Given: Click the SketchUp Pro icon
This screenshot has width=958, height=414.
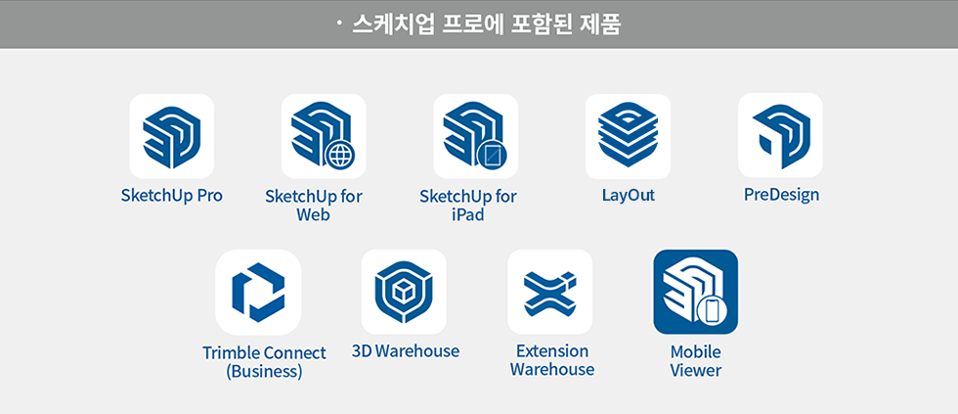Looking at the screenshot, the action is pos(172,136).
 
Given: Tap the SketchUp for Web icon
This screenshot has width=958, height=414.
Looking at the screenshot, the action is pos(324,136).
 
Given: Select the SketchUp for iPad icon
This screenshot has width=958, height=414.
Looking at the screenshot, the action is pos(475,136).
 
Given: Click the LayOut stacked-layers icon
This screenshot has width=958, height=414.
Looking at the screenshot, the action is pos(628,136).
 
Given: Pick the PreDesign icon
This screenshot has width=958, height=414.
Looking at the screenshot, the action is pos(780,135).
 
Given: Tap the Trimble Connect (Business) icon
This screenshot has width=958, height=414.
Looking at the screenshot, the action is pos(258,292).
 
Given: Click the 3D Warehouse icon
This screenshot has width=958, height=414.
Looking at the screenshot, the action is pos(404,292).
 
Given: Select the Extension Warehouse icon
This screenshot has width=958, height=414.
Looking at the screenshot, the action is pos(550,292).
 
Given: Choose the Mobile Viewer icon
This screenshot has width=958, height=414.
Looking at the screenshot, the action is pos(695,292).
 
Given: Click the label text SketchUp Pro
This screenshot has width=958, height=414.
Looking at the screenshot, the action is pos(172,195).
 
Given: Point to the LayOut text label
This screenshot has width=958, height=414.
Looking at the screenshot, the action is pos(628,195).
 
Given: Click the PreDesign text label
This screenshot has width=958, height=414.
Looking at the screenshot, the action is pos(781,195).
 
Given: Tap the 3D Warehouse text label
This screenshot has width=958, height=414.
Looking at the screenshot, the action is pos(405,351).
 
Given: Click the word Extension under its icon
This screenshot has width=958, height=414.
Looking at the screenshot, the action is pos(552,350).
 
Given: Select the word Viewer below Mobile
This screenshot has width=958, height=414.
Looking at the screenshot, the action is pos(695,370).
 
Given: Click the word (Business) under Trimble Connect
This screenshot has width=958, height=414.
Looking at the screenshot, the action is pos(264,372).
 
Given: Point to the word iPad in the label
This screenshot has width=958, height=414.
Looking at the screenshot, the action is pos(468,214).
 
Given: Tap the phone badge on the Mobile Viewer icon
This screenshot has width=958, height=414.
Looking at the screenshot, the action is pos(711,312).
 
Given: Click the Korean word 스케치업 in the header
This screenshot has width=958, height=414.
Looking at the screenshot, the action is pos(408,23).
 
